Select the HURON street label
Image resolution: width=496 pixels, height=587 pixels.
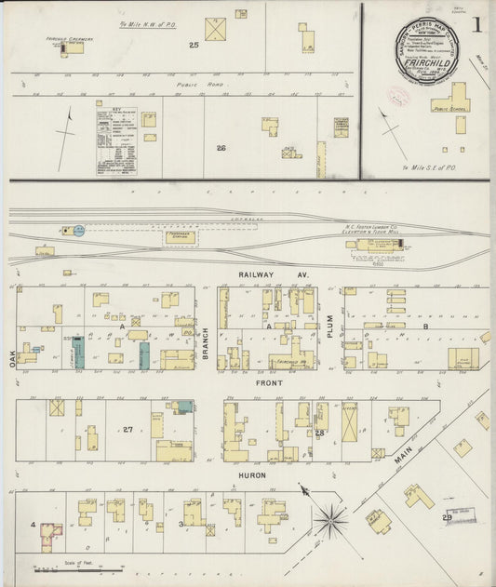click(x=251, y=475)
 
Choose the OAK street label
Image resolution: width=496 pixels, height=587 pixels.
click(x=13, y=357)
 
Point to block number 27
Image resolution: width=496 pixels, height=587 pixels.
click(x=127, y=429)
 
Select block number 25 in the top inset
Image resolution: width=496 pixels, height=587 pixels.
click(x=194, y=45)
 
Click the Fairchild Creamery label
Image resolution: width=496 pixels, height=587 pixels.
click(x=64, y=40)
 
